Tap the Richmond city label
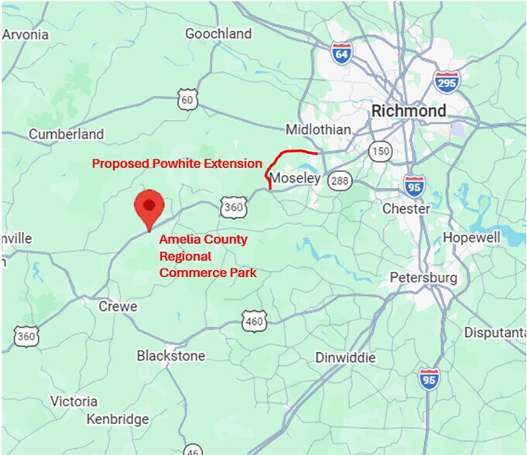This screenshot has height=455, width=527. coord(409,111)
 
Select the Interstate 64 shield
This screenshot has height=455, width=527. coord(340,53)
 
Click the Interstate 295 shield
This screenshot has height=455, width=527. coord(447,81)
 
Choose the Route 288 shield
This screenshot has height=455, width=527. coord(338,180)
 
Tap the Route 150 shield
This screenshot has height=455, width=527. coord(380,150)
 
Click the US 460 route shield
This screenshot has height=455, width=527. coord(255,320)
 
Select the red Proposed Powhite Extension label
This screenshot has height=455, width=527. coord(177,163)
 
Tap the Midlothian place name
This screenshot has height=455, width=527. coord(318,129)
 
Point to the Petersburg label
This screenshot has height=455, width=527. coord(423,277)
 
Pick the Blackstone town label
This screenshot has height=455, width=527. coord(171,356)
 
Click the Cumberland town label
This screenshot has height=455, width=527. coord(67,134)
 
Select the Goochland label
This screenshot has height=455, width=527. coord(218,33)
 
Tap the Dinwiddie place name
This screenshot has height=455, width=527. coord(346,357)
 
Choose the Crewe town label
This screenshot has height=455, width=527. coord(118,306)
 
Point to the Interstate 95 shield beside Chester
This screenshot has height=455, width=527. coord(414,186)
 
